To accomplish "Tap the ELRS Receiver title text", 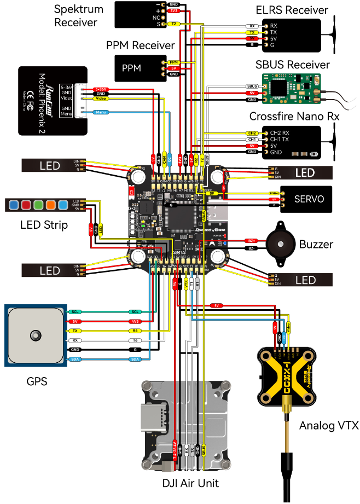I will pos(292,10).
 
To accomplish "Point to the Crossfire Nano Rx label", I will pos(294,117).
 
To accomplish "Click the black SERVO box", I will pos(306,200).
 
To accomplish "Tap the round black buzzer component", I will pos(280,244).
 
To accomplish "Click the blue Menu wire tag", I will pos(100,112).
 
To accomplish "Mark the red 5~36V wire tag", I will pos(100,89).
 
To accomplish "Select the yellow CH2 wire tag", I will pos(252,133).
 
